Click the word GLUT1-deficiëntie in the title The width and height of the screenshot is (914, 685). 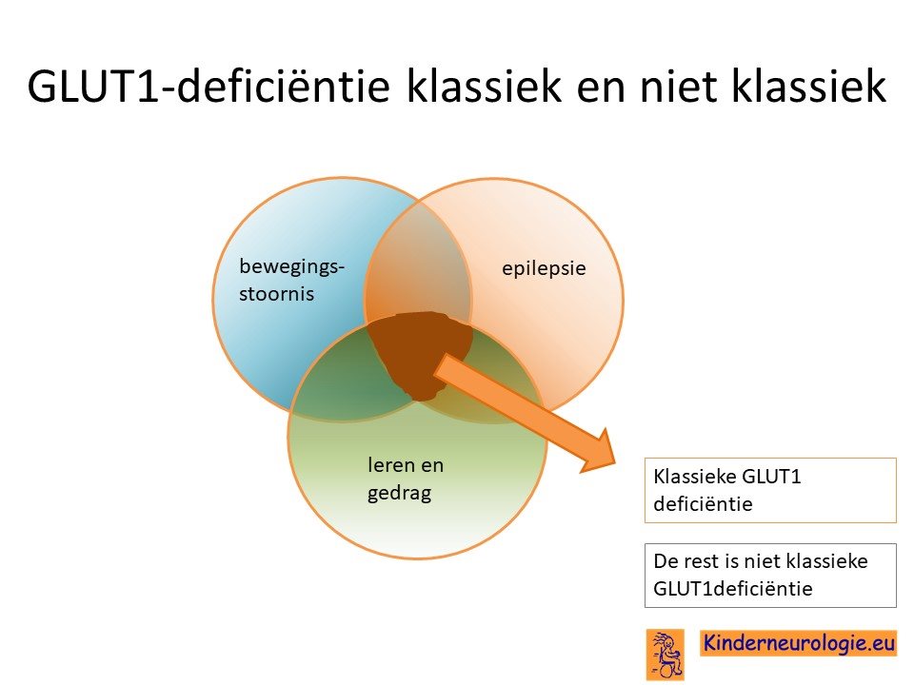pos(209,87)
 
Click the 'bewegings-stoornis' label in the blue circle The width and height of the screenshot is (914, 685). pos(291,280)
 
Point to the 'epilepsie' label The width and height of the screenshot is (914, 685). pos(544,268)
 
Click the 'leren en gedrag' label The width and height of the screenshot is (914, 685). pos(406,479)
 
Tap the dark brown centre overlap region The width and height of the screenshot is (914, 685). pos(420,352)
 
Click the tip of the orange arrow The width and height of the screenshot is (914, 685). pos(616,463)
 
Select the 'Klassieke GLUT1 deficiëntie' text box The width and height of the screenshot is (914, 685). pos(770,491)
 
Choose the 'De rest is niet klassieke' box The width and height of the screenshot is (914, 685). pos(770,576)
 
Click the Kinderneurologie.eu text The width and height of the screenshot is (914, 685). pos(799,643)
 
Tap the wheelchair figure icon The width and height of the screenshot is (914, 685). pos(666,655)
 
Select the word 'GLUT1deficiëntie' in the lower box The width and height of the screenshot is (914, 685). pos(733,589)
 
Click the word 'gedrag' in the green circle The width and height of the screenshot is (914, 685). pos(399,494)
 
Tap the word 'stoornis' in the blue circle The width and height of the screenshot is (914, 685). pos(276,294)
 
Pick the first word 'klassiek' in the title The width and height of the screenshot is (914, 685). pos(484,87)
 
